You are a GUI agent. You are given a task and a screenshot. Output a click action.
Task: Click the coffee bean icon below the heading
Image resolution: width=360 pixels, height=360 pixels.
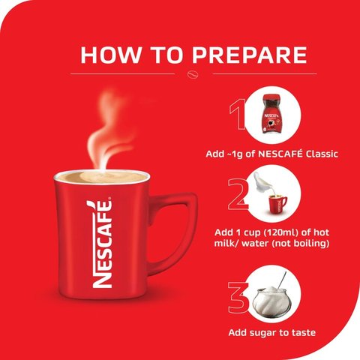tap(193, 74)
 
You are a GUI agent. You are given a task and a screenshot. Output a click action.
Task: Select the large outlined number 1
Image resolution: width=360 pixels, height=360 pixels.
tap(238, 114)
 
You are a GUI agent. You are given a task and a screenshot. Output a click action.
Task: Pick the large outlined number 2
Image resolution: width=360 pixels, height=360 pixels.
tap(238, 194)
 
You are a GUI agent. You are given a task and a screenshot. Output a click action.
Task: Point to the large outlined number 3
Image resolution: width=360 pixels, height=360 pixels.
tap(238, 298)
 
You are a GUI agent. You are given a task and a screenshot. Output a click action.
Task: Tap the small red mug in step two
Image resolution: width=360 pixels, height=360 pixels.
tap(277, 205)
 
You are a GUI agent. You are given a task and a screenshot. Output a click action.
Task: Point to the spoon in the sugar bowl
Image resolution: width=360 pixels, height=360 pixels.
tap(282, 280)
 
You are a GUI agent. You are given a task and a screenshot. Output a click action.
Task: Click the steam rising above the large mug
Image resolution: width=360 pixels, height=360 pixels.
tap(107, 133)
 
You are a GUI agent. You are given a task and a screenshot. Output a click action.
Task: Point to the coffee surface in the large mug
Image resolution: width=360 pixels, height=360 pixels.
tap(101, 177)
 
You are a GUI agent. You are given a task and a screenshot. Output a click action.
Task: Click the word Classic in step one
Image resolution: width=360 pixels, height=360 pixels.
tap(322, 154)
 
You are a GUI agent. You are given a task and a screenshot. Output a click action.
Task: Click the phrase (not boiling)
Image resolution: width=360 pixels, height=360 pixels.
tap(300, 243)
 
